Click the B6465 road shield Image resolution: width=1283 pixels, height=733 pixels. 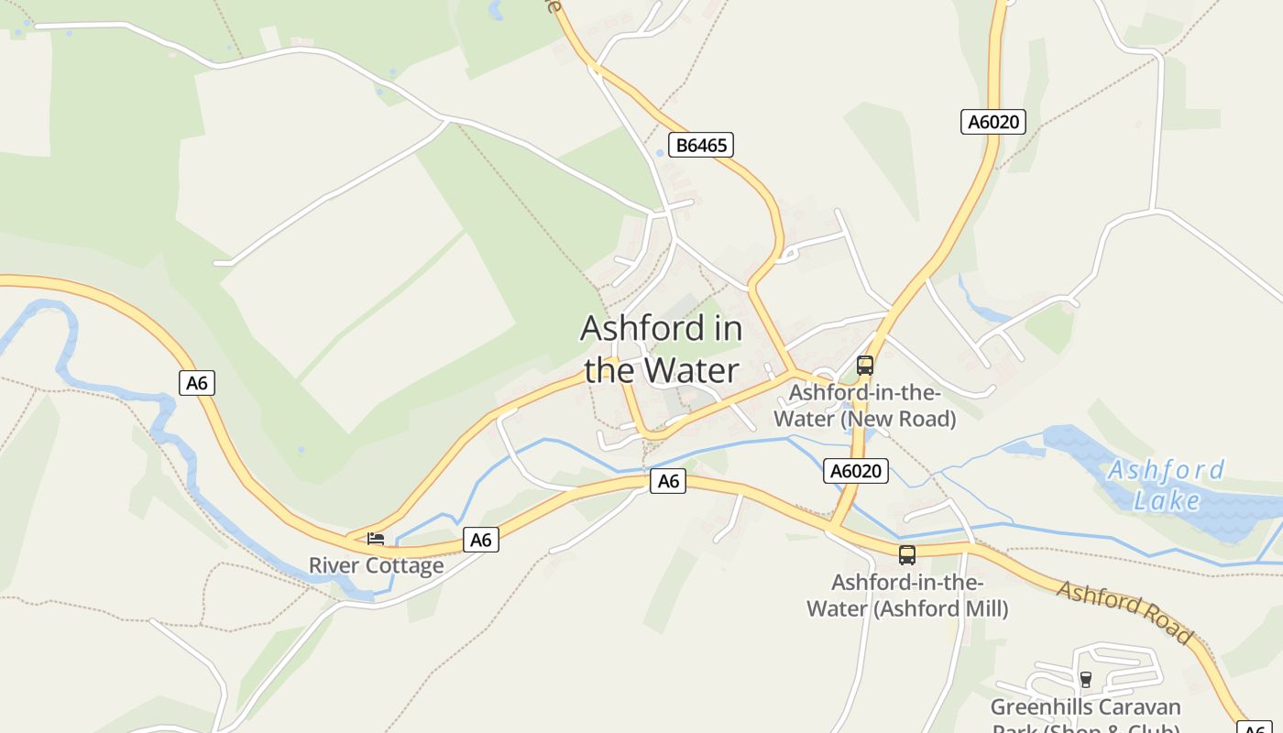point(701,145)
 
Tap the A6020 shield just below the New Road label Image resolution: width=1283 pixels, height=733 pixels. point(856,471)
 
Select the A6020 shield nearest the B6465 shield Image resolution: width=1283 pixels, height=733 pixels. point(992,122)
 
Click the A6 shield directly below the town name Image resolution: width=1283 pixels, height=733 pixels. point(668,481)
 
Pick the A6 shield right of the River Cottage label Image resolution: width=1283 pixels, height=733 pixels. point(481,540)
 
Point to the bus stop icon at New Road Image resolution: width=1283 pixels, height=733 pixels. point(864,366)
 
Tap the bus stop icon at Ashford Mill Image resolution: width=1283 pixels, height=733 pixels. point(906,555)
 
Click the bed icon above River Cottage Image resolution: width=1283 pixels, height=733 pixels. point(376,539)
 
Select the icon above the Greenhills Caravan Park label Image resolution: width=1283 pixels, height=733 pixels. point(1086,679)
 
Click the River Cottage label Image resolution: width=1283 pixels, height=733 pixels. point(376,565)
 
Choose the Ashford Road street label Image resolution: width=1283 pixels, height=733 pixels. point(1125,611)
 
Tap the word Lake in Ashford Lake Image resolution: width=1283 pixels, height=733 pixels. point(1167,500)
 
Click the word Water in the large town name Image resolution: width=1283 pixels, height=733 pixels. point(689,370)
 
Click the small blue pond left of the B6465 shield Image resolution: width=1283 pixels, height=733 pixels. point(658,154)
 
